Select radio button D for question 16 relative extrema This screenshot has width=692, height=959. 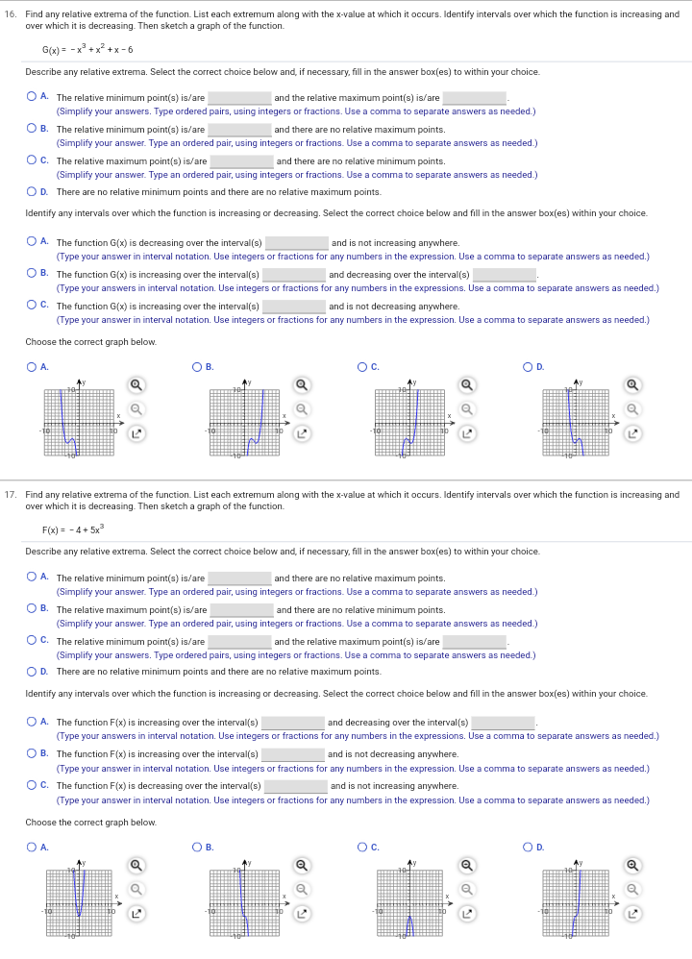32,192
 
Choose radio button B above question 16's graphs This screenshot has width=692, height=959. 197,365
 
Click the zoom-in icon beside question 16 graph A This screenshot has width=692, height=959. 136,385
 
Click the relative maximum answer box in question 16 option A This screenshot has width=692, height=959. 475,98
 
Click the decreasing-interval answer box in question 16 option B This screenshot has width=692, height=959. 504,275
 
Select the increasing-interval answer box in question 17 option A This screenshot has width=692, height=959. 293,723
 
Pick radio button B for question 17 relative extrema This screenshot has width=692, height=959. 32,610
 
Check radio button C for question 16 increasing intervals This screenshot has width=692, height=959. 32,307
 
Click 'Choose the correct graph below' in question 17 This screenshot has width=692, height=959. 90,823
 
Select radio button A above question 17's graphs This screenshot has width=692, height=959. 32,846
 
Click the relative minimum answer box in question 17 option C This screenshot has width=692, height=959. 240,642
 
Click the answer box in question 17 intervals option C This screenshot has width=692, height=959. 296,786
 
